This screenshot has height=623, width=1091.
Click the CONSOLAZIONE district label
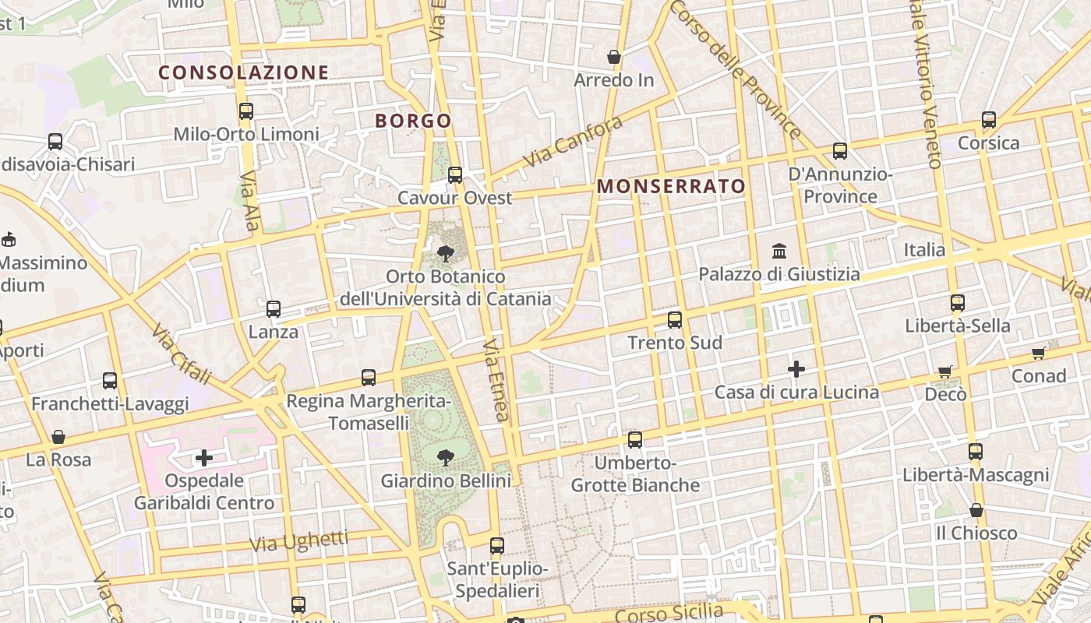pos(244,72)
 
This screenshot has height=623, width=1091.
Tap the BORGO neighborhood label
pos(413,121)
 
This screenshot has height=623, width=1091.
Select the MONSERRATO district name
pos(672,186)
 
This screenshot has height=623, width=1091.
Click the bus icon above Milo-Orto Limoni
pos(246,111)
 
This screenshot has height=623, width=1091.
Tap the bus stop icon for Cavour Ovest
pos(455,175)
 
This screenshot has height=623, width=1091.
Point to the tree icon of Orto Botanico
pos(446,253)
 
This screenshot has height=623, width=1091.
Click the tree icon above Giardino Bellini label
pos(446,457)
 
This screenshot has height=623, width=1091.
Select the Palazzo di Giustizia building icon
pos(779,251)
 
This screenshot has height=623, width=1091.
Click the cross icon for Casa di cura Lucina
pos(796,368)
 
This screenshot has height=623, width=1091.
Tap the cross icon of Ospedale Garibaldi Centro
pos(204,457)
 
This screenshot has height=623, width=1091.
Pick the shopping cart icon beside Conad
pos(1038,354)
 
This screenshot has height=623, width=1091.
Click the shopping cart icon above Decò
pos(945,372)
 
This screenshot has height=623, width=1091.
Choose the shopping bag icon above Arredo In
pos(614,57)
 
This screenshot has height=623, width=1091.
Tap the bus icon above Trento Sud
pos(675,319)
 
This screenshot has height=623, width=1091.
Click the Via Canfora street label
pos(573,141)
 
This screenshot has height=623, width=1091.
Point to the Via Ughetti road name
pos(299,540)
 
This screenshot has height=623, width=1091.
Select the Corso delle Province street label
pos(734,69)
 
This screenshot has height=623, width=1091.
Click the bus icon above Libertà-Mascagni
pos(976,451)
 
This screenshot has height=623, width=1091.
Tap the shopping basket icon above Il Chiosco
pos(976,510)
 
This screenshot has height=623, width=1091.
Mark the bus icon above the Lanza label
pos(274,309)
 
